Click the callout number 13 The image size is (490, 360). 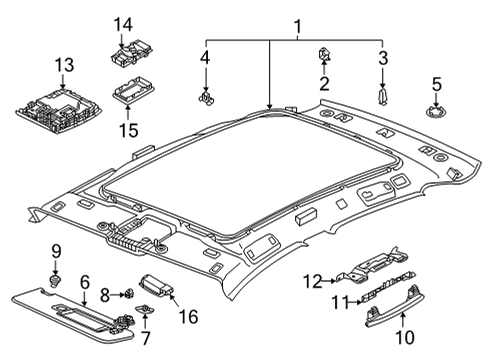(64, 65)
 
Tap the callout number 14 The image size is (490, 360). (123, 25)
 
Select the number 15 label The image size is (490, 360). (129, 130)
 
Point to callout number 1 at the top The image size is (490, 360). (298, 27)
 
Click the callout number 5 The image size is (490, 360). (437, 84)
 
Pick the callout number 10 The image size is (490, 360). (405, 337)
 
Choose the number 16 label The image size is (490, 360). (188, 316)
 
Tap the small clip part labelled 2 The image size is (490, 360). (324, 54)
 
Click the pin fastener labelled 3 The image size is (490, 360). (382, 96)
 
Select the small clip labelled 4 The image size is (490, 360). (206, 98)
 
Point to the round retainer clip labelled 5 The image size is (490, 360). (436, 112)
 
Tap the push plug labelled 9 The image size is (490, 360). (55, 280)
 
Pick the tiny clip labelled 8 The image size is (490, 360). (128, 294)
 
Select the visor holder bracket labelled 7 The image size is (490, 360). (144, 309)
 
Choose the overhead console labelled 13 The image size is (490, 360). (60, 109)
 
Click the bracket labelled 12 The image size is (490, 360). (372, 266)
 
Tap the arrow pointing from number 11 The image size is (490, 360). (354, 302)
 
